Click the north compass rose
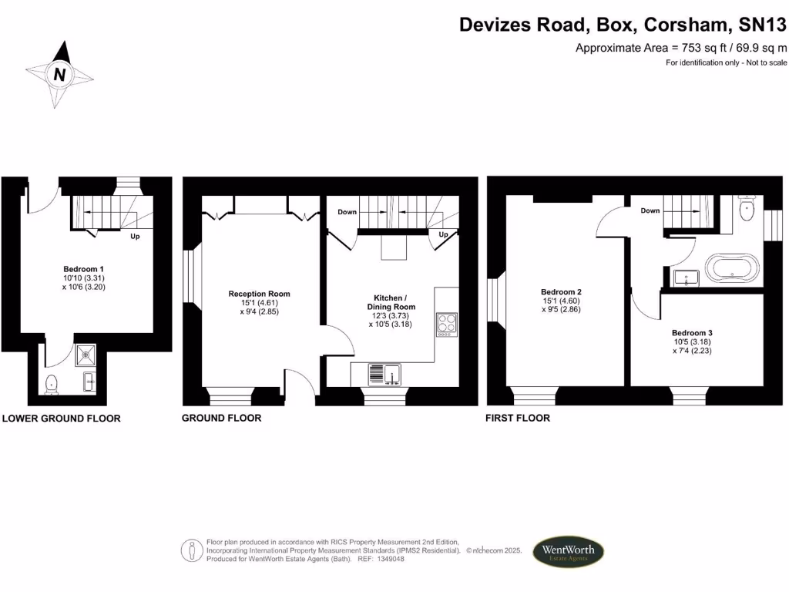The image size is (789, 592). click(x=60, y=74)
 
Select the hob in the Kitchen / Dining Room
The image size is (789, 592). click(x=447, y=325)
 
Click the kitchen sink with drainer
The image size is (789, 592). click(x=385, y=374)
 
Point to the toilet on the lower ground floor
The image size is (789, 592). click(x=52, y=383)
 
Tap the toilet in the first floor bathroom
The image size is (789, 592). click(x=746, y=208)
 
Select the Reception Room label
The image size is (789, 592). click(x=259, y=294)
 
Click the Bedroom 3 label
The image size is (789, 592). click(x=691, y=332)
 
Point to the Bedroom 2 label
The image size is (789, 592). click(x=560, y=291)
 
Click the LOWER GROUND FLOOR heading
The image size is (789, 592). click(x=62, y=419)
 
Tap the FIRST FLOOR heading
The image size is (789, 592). click(x=517, y=418)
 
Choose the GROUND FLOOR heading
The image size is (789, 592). click(x=221, y=418)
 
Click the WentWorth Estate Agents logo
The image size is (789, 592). click(x=569, y=552)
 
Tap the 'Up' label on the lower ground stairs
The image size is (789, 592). click(x=134, y=237)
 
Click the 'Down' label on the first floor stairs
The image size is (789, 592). click(x=650, y=210)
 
